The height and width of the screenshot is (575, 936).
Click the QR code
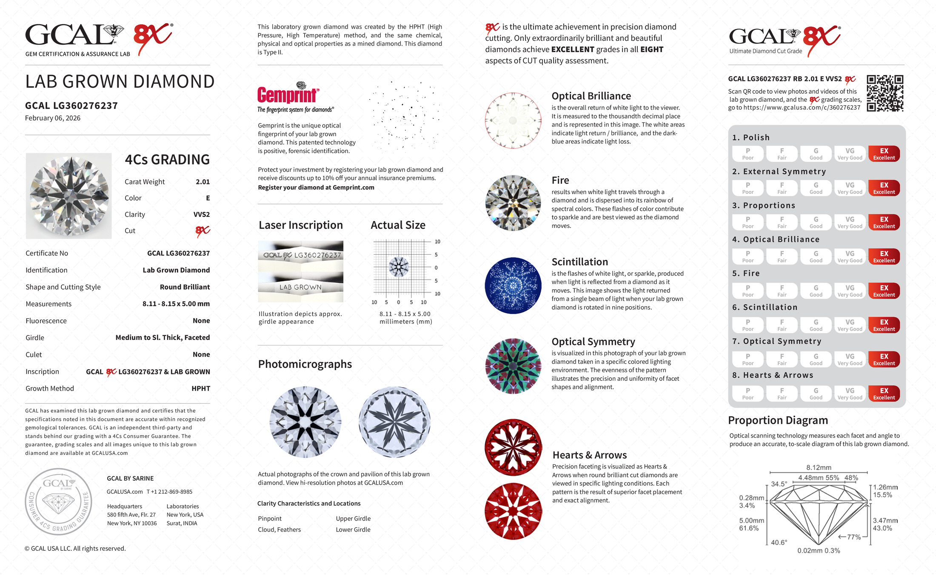[885, 93]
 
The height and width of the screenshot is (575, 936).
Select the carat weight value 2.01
[203, 182]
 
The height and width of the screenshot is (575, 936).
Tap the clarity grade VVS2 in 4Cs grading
[201, 215]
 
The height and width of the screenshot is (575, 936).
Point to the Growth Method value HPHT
[201, 388]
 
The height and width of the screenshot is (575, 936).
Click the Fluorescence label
[46, 321]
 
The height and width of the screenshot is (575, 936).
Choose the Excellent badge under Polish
[884, 154]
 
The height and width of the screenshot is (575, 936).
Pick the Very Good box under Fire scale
[850, 291]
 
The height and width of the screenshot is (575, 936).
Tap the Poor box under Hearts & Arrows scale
[748, 394]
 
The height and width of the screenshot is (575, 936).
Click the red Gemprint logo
[288, 95]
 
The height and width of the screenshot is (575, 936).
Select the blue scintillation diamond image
[513, 285]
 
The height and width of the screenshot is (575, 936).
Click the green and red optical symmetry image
[513, 366]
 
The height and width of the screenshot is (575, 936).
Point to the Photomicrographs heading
[305, 364]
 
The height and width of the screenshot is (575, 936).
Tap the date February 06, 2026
[53, 118]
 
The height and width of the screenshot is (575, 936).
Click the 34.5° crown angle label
[779, 484]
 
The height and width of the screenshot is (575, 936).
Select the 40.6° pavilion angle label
[779, 542]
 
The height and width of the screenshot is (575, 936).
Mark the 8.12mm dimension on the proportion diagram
[819, 467]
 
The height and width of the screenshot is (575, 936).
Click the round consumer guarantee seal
[58, 502]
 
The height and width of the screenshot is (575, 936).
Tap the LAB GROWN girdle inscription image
[300, 287]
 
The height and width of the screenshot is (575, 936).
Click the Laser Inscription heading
[300, 225]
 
